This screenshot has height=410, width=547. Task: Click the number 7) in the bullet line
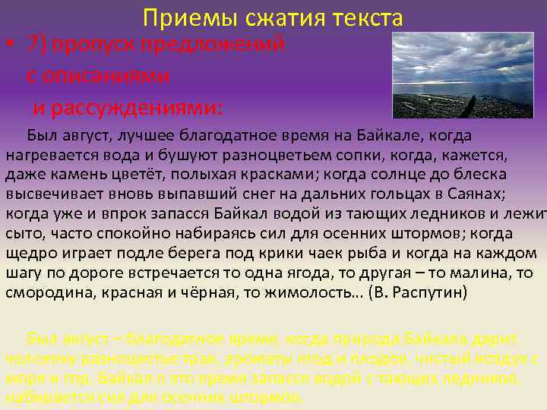(x=37, y=43)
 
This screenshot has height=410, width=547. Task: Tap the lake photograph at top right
(x=462, y=74)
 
